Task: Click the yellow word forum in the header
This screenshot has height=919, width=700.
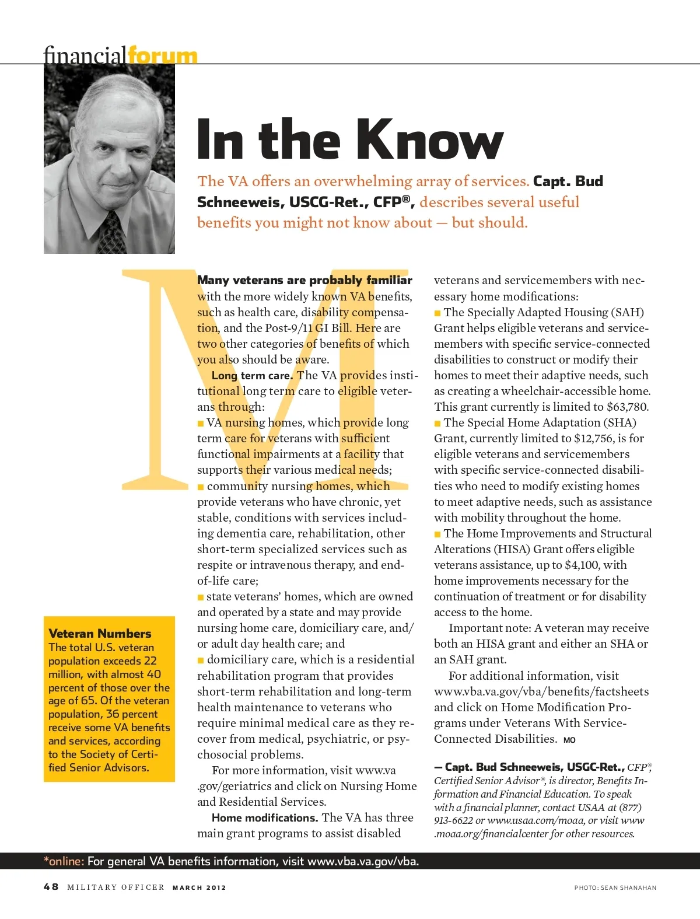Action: click(163, 56)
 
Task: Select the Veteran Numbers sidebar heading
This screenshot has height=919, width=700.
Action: click(100, 633)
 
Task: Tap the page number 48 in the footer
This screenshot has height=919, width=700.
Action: click(51, 887)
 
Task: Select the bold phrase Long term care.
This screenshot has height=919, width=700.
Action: click(252, 375)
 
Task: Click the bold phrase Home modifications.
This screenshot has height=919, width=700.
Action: click(265, 817)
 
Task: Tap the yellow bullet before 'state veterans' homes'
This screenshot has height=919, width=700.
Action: click(201, 597)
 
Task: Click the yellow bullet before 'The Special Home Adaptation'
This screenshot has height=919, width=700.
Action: click(437, 423)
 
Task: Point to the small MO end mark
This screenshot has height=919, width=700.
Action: click(569, 740)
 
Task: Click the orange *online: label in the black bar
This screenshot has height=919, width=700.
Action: click(64, 861)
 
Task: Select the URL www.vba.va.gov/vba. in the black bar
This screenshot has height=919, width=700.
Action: click(363, 861)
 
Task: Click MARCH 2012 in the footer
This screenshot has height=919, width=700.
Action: click(199, 887)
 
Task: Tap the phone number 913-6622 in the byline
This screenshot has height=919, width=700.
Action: click(453, 820)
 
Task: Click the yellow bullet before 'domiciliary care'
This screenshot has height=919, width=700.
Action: click(201, 660)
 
